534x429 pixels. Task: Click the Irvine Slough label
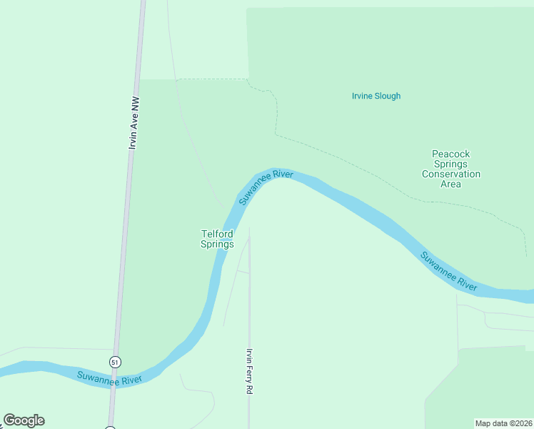pos(376,96)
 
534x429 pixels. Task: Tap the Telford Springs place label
pos(217,239)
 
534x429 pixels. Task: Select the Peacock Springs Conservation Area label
pos(451,169)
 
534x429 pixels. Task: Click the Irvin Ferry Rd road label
pos(250,371)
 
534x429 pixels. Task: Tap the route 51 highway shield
pos(115,362)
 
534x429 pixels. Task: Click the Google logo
pos(24,420)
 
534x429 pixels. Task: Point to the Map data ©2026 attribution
pos(504,423)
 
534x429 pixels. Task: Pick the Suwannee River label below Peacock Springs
pos(448,271)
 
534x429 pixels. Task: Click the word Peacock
pos(451,154)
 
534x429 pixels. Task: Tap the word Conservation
pos(451,174)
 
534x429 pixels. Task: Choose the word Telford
pos(217,234)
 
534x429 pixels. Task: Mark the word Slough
pos(388,96)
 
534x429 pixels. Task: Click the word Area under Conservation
pos(451,184)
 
